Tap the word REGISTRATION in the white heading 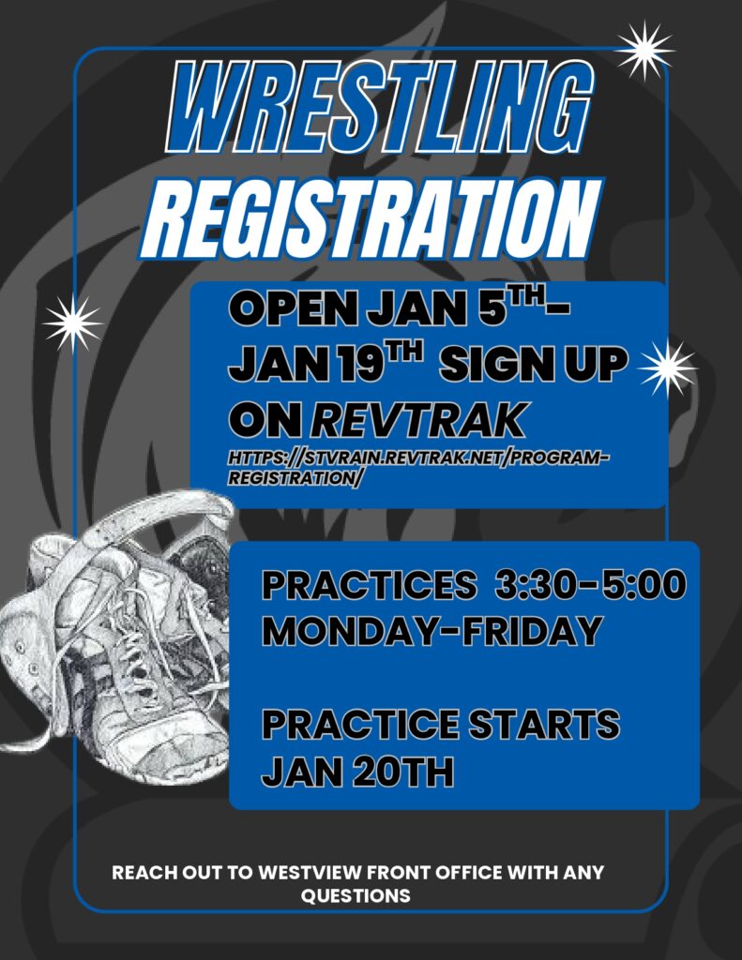371,217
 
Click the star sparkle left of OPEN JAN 72,322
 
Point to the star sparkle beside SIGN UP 667,367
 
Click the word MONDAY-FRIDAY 432,630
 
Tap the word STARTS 541,726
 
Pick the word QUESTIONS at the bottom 356,896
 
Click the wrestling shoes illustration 117,619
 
